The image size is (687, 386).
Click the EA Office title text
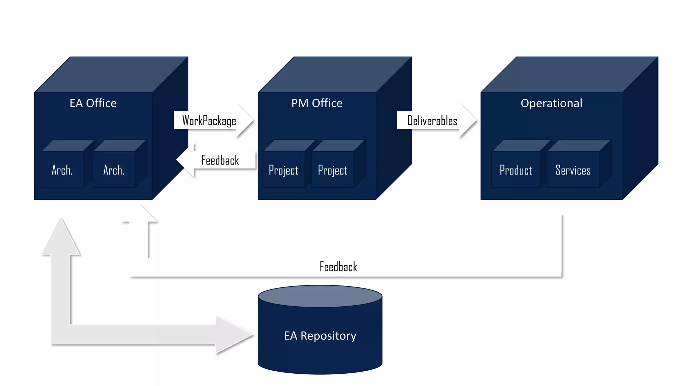point(93,103)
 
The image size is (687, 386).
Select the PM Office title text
point(317,103)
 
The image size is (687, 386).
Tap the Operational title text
point(551,103)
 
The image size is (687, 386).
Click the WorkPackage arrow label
point(209,121)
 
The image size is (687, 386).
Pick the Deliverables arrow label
point(432,121)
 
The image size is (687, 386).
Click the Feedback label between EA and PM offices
point(220,160)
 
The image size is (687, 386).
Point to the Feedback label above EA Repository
point(338,267)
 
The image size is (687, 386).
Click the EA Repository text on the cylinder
point(320,336)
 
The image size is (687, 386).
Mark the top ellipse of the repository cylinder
point(320,296)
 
